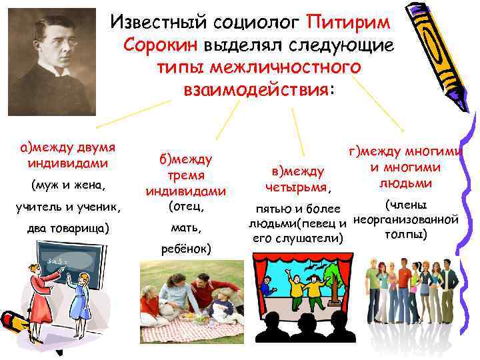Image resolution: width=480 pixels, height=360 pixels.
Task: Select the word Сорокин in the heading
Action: click(161, 45)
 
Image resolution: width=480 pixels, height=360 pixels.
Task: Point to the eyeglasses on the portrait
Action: click(55, 41)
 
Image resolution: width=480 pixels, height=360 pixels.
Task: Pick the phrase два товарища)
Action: click(65, 228)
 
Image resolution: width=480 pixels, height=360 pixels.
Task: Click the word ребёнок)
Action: click(186, 249)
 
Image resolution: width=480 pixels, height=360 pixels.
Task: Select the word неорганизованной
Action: click(405, 219)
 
